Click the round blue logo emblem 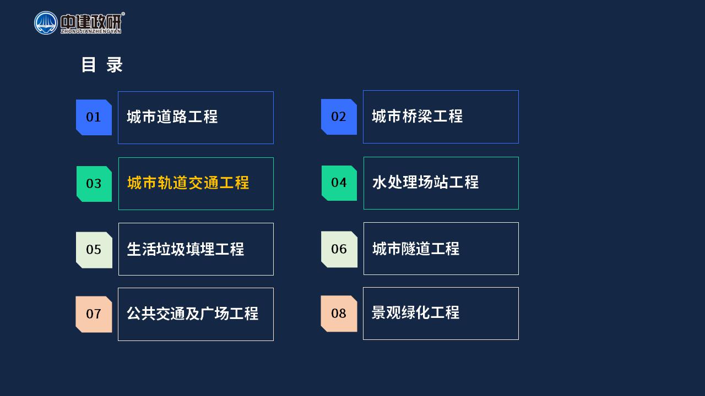[46, 23]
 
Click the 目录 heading [102, 65]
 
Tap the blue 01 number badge [94, 117]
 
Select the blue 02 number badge [339, 117]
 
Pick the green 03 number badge [94, 184]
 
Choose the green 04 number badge [339, 183]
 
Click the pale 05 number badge [94, 250]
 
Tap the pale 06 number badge [339, 249]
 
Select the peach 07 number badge [94, 314]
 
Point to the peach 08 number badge [339, 313]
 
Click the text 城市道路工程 [172, 117]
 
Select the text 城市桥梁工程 [417, 116]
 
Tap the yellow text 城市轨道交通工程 [188, 183]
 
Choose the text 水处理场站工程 [426, 182]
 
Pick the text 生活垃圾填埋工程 [186, 249]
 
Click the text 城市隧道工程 [416, 249]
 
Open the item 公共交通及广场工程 [193, 313]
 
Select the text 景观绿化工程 [415, 313]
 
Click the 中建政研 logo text [91, 21]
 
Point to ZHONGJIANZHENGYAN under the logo [91, 31]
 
